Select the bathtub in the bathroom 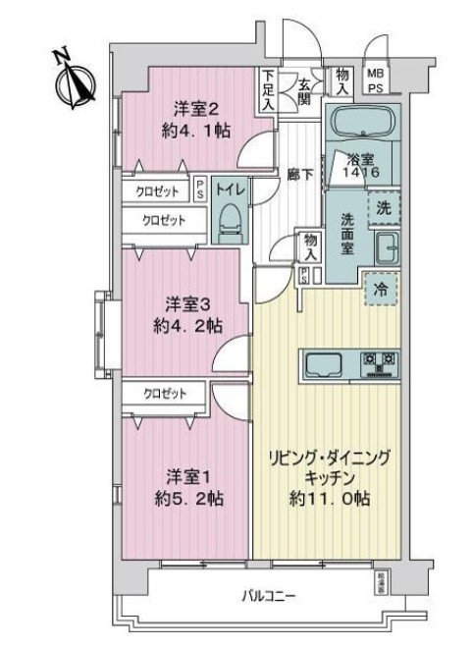pos(361,126)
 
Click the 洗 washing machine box pos(384,208)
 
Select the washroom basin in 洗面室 pos(385,248)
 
